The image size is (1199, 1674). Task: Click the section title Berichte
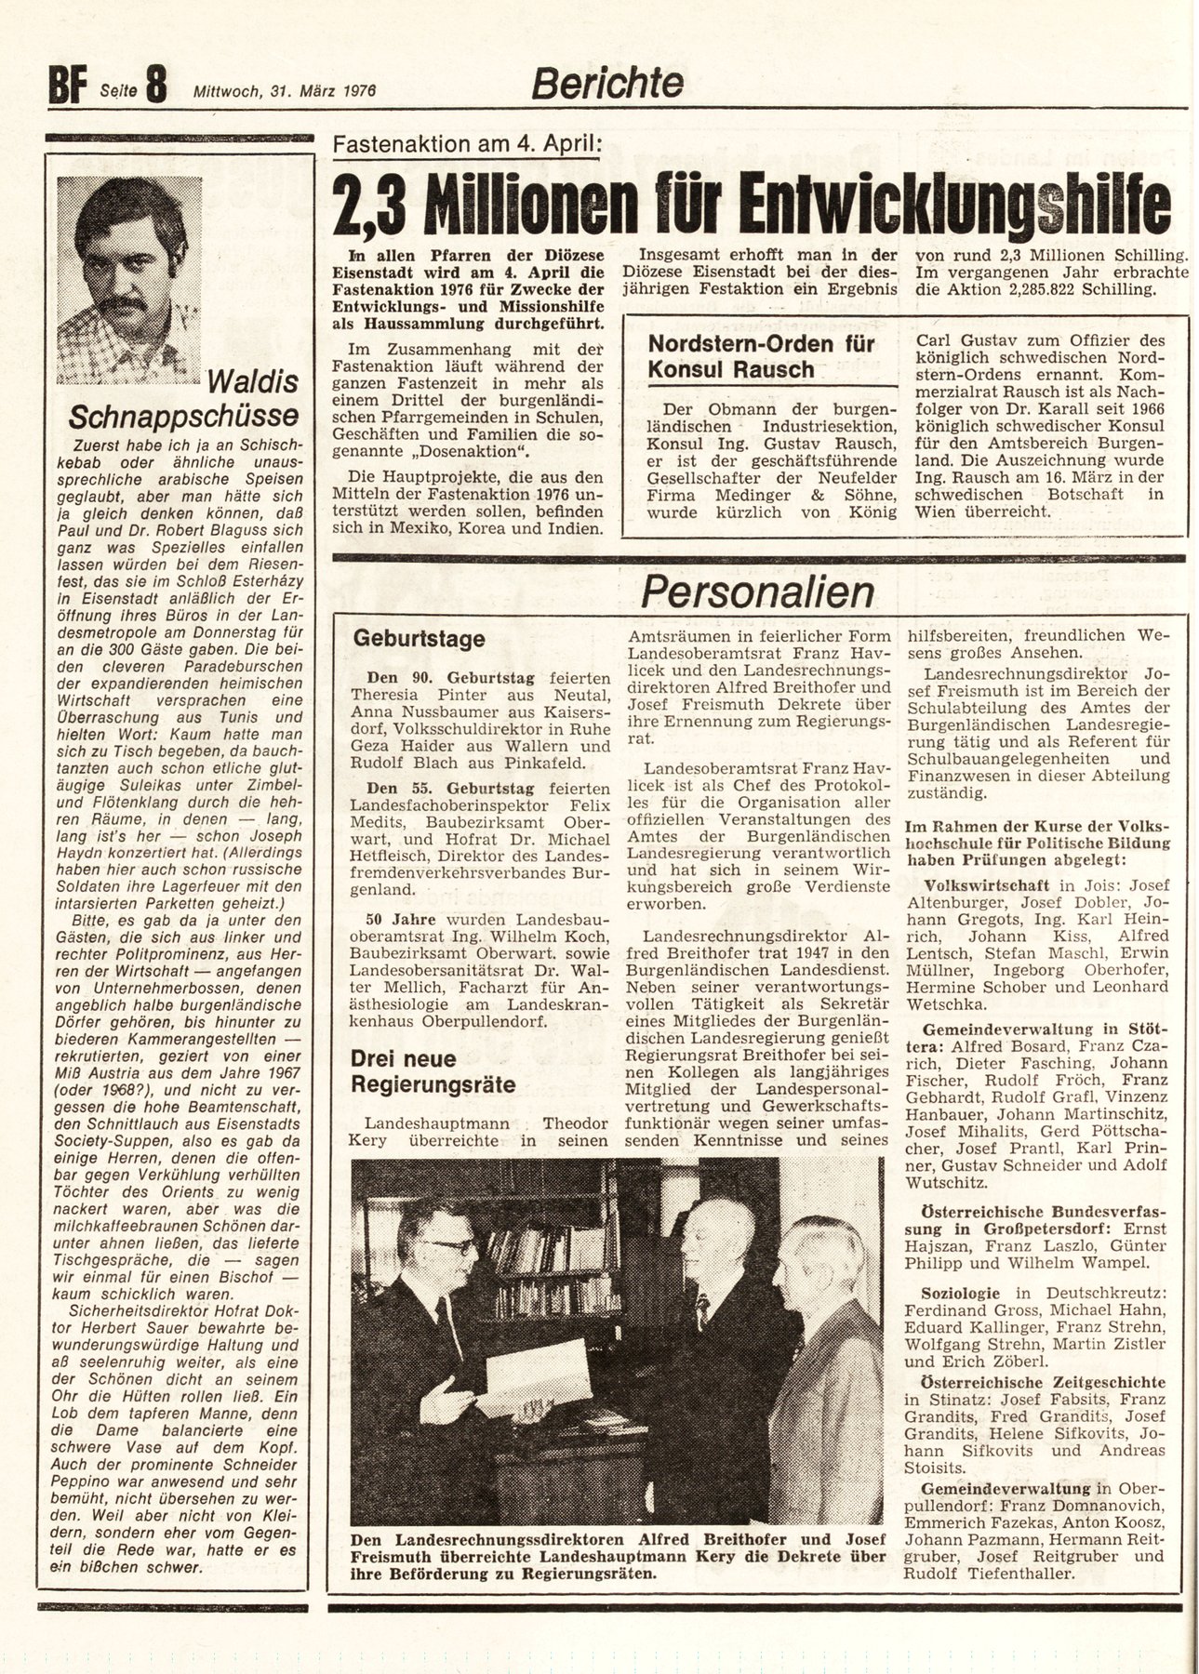[x=606, y=85]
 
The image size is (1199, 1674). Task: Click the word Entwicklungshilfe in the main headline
[x=947, y=205]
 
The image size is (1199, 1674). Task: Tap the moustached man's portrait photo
[x=128, y=280]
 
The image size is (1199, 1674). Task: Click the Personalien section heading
[x=756, y=591]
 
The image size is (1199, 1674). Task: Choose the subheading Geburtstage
[x=419, y=639]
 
